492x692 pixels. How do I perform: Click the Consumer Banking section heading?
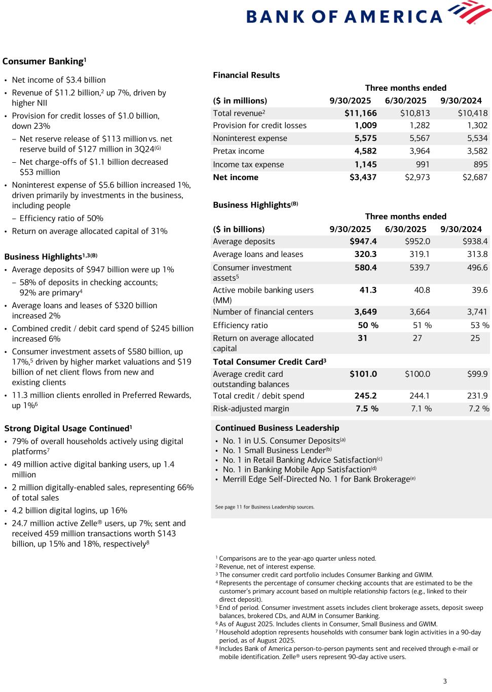tap(44, 61)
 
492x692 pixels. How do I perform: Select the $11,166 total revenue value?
tap(361, 113)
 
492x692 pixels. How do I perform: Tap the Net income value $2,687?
tap(475, 177)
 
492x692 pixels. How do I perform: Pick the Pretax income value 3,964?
tap(420, 151)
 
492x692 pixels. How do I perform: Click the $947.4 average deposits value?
tap(363, 241)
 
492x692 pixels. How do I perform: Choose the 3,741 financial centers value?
tap(477, 312)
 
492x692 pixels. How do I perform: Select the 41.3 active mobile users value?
tap(368, 290)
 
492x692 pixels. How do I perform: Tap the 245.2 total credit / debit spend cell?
tap(365, 395)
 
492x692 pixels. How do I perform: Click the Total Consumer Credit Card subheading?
tap(270, 361)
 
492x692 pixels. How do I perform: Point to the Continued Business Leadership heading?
tap(277, 428)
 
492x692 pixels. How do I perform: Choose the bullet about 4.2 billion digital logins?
tap(69, 511)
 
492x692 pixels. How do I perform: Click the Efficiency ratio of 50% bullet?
tap(61, 218)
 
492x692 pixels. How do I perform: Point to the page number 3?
tap(445, 681)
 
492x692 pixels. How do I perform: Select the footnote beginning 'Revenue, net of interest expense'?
tap(267, 567)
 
